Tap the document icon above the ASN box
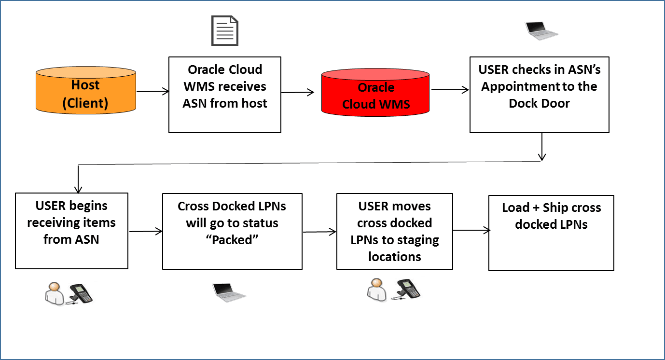(x=225, y=30)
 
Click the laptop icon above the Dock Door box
(x=541, y=30)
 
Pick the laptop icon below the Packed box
(x=229, y=291)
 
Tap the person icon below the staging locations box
(x=377, y=290)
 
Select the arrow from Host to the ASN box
(x=152, y=91)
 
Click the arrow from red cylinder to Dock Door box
(x=450, y=90)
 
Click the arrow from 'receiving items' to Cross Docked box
(x=145, y=232)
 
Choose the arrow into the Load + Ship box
(x=471, y=231)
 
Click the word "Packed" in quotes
(x=232, y=240)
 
